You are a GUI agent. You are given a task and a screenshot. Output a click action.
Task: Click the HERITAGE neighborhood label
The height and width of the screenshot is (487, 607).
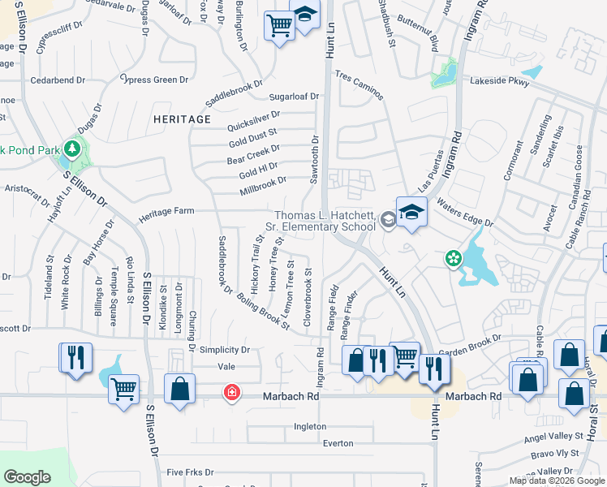(x=182, y=119)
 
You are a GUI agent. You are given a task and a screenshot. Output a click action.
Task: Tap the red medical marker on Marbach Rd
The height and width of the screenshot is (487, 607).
(x=232, y=394)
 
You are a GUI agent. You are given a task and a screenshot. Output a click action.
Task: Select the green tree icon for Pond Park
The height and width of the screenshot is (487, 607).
(x=72, y=149)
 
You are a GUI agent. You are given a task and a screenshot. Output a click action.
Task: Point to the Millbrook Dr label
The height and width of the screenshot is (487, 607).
(x=263, y=186)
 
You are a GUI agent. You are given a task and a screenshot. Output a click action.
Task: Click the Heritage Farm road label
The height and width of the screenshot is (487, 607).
(x=166, y=211)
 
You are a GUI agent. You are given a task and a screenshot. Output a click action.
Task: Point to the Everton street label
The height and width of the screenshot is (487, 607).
(x=338, y=443)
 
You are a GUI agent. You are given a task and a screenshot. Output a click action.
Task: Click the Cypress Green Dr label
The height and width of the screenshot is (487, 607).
(x=153, y=80)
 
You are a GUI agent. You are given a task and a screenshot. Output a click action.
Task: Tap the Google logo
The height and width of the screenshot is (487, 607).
(x=27, y=476)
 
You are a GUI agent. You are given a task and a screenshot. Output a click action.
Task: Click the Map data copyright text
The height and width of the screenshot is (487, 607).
(x=556, y=481)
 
